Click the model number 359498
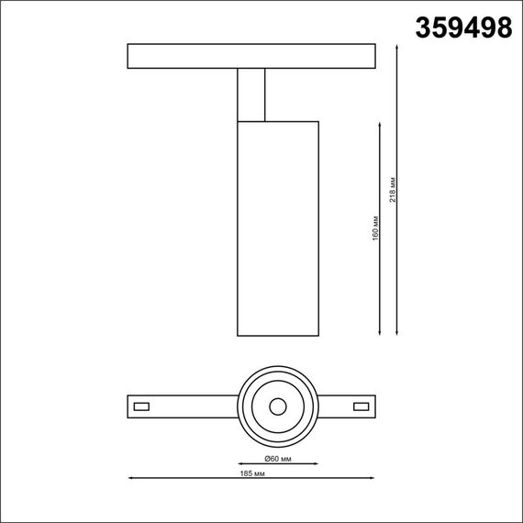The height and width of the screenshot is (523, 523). tap(464, 28)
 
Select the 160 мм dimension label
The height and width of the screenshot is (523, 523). tap(375, 228)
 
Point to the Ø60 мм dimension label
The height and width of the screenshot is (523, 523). tap(278, 458)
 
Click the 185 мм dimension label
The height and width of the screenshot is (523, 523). tap(251, 473)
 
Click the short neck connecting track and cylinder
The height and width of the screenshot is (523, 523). tap(250, 95)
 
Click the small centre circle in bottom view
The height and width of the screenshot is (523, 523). tap(277, 406)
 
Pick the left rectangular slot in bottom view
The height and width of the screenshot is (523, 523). tap(142, 406)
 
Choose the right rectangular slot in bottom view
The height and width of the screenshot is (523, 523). tap(361, 406)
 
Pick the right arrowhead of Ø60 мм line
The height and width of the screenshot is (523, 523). tap(315, 463)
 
